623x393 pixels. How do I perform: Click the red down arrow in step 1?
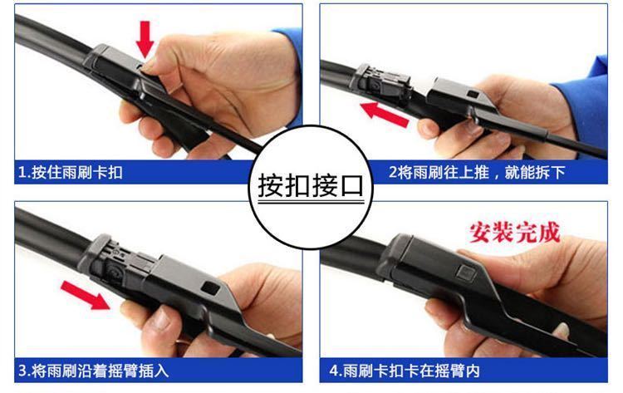pyautogui.click(x=145, y=39)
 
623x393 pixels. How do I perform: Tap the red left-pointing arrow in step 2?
pyautogui.click(x=385, y=114)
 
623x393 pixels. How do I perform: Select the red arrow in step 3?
pyautogui.click(x=85, y=294)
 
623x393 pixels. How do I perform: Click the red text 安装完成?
pyautogui.click(x=514, y=232)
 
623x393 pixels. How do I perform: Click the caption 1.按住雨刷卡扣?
pyautogui.click(x=71, y=173)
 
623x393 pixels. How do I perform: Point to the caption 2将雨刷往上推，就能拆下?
pyautogui.click(x=477, y=173)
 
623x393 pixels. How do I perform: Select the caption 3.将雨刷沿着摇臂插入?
pyautogui.click(x=94, y=371)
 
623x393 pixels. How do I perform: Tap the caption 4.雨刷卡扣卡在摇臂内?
pyautogui.click(x=404, y=371)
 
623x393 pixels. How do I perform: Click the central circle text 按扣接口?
pyautogui.click(x=311, y=185)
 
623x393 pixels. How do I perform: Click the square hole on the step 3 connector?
pyautogui.click(x=210, y=287)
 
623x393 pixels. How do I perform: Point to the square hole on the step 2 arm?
pyautogui.click(x=473, y=95)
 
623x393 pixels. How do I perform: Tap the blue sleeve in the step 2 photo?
pyautogui.click(x=586, y=103)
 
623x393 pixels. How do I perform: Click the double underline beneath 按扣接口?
pyautogui.click(x=311, y=203)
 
